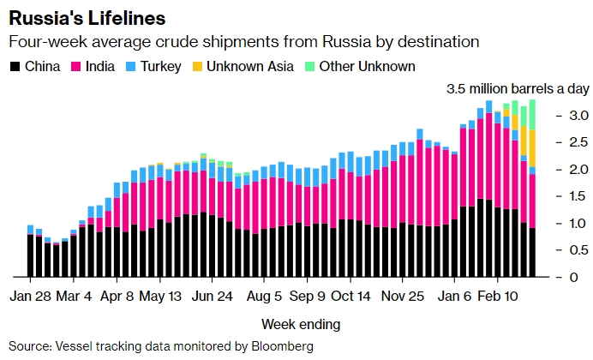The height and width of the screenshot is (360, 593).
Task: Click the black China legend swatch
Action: pyautogui.click(x=15, y=67)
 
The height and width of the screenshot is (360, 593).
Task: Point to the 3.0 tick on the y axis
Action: pyautogui.click(x=556, y=116)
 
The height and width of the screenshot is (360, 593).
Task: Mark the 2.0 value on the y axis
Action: pyautogui.click(x=556, y=170)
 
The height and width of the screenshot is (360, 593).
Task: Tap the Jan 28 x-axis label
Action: pyautogui.click(x=31, y=297)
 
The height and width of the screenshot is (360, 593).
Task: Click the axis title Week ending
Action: pyautogui.click(x=300, y=324)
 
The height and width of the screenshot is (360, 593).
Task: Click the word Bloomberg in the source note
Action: pyautogui.click(x=278, y=346)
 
